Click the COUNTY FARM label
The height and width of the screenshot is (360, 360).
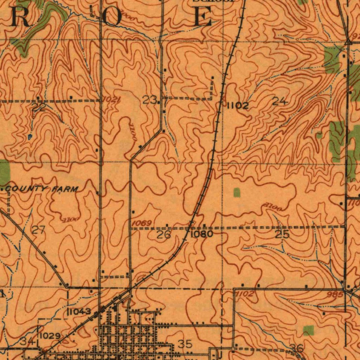click(x=41, y=190)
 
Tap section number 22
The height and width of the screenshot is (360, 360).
click(x=39, y=108)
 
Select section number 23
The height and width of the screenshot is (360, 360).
click(x=149, y=101)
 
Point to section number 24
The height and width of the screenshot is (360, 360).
click(x=280, y=102)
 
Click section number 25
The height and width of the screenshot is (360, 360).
click(x=282, y=234)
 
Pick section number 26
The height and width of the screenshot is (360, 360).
click(x=163, y=234)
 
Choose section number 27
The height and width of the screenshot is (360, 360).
click(x=38, y=231)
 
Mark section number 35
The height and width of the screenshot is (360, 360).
click(x=185, y=344)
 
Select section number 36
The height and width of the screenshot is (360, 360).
click(x=297, y=348)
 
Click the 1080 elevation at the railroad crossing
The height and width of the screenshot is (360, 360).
click(x=202, y=234)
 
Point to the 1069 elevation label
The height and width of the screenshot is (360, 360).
click(x=142, y=224)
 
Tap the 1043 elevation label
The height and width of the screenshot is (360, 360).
click(x=79, y=311)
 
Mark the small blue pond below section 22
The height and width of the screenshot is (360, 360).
click(x=30, y=135)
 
